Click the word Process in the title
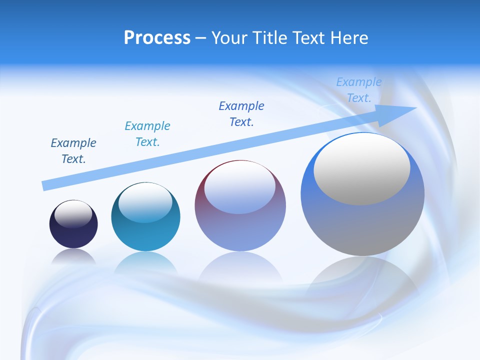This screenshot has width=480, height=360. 157,38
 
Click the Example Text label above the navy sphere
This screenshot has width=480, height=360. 73,151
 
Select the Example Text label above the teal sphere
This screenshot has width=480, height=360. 147,134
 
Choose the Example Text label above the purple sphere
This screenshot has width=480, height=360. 241,114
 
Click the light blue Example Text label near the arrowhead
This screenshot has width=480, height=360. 359,90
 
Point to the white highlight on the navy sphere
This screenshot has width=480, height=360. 73,214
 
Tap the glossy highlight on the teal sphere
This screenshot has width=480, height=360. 145,203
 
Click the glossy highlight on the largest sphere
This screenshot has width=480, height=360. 362,168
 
